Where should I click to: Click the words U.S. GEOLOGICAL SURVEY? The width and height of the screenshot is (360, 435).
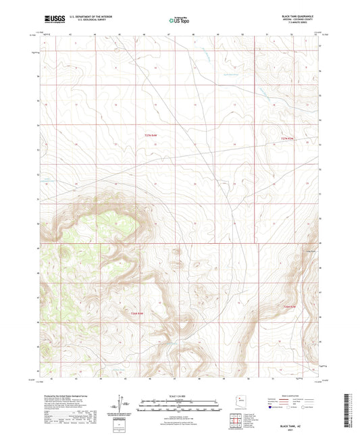click(81, 18)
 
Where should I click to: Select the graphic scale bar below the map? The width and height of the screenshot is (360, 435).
click(179, 405)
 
